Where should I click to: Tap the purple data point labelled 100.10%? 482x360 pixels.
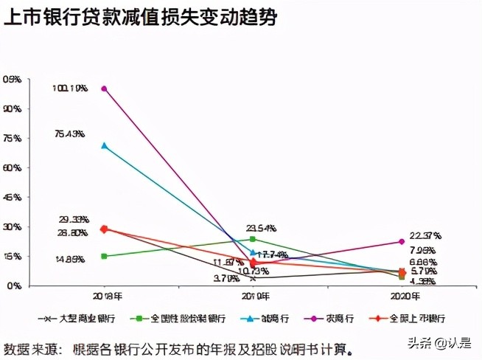coord(105,89)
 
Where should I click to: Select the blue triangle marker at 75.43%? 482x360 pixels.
coord(105,146)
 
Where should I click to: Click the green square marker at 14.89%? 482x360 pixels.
coord(105,256)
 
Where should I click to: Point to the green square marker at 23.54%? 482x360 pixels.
coord(253,239)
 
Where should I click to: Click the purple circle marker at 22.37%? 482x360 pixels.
coord(402,241)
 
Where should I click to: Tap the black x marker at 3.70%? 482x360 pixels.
coord(253,278)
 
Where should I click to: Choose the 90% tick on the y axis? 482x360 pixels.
coord(13,108)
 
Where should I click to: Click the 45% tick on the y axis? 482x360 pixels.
coord(13,197)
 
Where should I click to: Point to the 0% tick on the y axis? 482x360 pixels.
coord(15,285)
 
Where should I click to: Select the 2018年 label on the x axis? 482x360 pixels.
coord(105,297)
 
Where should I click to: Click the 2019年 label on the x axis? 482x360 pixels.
coord(253,297)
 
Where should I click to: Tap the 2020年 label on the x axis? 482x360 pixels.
coord(402,297)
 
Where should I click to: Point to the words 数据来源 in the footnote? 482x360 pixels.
coord(28,347)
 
